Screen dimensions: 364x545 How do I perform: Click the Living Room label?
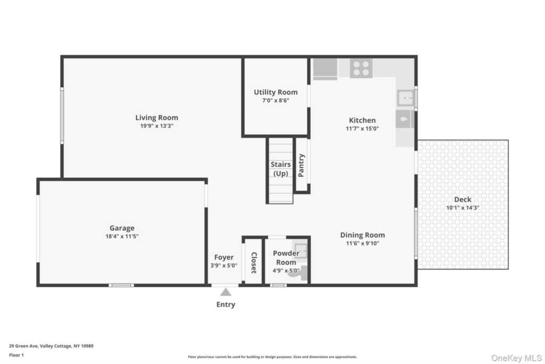pos(156,118)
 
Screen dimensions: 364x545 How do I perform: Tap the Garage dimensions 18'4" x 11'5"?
pos(122,236)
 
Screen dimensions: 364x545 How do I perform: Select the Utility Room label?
pos(275,92)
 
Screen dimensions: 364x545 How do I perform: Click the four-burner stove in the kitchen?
pos(361,68)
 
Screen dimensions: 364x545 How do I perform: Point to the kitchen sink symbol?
pos(406,98)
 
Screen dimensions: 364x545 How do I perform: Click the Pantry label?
pos(301,165)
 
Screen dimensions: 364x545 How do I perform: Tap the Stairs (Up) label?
pos(280,169)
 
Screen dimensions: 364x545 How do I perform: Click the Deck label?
pos(463,199)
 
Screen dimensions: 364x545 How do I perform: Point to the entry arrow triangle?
pos(226,292)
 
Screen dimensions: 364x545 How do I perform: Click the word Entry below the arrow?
pos(226,305)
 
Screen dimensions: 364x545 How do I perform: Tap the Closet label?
pos(254,263)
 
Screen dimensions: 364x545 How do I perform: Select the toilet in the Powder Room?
pos(296,273)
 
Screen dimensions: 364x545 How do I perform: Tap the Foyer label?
pos(224,257)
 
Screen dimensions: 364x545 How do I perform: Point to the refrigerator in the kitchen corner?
pos(325,69)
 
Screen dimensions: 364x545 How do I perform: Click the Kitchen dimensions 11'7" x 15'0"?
pos(362,128)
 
